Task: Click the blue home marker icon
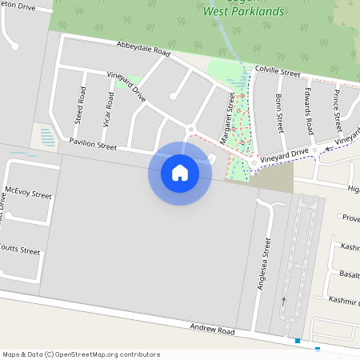point(180,173)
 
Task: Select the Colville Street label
point(277,73)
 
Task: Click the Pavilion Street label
point(93,145)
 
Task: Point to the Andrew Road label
point(212,330)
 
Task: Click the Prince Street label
point(337,112)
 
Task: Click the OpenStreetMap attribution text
point(81,354)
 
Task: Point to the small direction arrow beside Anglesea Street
point(283,301)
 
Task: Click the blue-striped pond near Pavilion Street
point(47,136)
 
